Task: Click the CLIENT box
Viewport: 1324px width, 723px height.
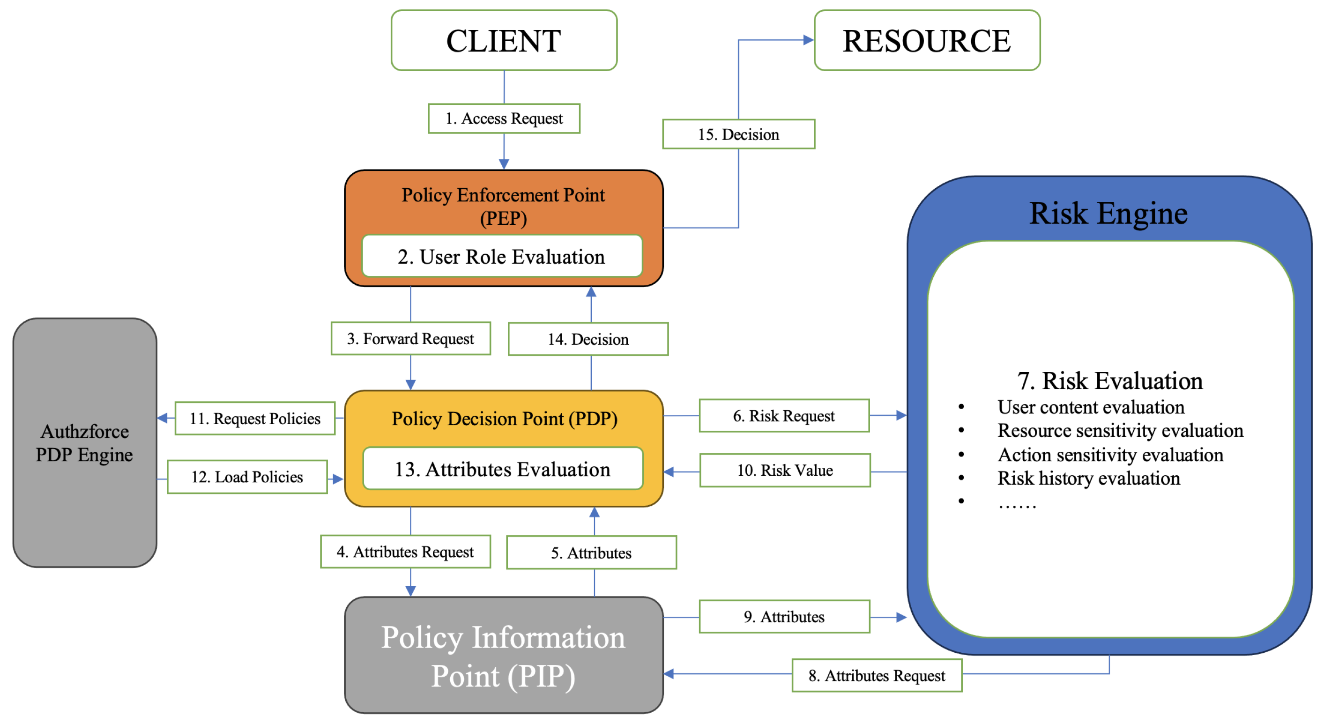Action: click(504, 40)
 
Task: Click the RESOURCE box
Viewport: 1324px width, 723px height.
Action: click(927, 40)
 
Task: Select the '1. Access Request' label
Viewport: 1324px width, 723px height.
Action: click(504, 118)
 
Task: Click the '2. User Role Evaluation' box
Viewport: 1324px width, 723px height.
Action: click(502, 257)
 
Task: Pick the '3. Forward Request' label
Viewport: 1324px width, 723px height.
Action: click(410, 339)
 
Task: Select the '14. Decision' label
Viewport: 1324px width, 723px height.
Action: click(588, 339)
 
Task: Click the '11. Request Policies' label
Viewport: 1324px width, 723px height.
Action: click(255, 418)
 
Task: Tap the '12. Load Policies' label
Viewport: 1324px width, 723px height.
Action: click(247, 477)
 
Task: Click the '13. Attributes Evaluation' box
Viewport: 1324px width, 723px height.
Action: click(502, 469)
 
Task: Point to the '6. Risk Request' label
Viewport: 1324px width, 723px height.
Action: click(784, 416)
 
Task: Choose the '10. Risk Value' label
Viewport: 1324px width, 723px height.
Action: click(785, 470)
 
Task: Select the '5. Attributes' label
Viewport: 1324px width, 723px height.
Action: click(591, 553)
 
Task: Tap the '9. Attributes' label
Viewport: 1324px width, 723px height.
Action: click(784, 617)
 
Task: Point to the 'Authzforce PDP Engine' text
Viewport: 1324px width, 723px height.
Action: click(85, 443)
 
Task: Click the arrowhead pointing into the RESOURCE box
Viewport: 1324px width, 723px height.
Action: click(808, 40)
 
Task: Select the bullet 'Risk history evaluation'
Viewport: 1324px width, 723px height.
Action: click(1089, 479)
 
